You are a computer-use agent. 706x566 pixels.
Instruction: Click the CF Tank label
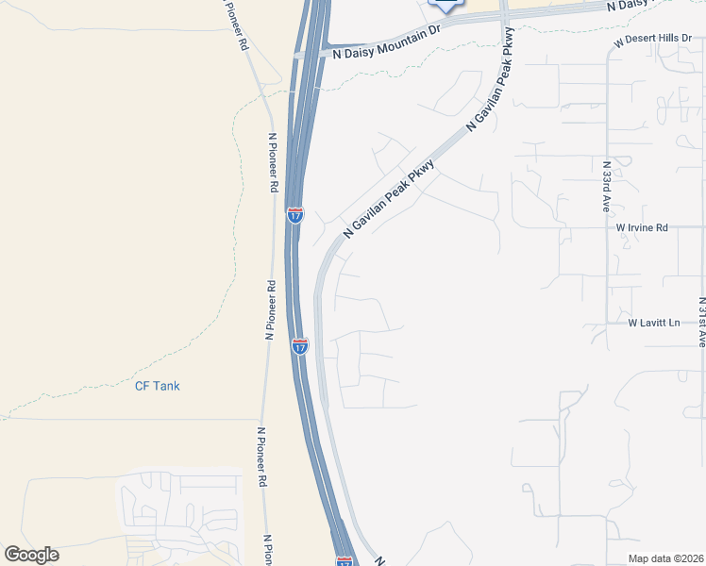157,386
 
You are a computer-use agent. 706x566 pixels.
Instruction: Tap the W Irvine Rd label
642,227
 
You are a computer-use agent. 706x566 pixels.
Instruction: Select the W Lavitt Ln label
654,323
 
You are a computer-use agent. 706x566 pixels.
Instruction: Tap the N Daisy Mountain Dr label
387,54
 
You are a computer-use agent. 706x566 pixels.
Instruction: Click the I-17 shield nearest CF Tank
299,346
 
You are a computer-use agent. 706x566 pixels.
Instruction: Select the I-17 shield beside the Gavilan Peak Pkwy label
295,216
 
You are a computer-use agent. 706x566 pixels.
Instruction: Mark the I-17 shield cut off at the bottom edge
345,561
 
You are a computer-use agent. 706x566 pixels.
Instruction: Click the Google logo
31,554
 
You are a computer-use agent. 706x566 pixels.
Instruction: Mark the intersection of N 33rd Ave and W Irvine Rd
608,227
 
